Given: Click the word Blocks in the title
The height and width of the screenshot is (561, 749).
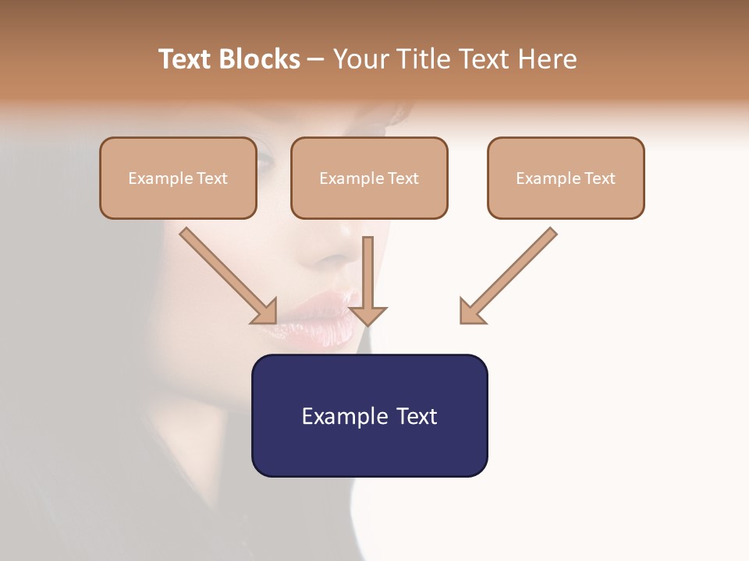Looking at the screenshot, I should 261,59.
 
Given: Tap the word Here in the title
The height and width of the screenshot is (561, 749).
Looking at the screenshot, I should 545,59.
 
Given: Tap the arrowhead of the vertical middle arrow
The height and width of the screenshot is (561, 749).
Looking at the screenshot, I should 367,315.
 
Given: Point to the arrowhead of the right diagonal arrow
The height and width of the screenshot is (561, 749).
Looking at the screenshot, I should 471,311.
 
